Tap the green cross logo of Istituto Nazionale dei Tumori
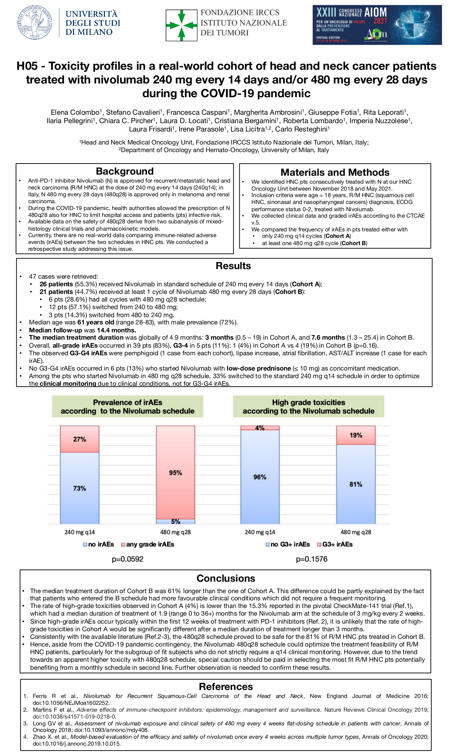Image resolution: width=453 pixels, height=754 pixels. coord(182,25)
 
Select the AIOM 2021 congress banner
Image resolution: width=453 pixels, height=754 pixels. coord(377,25)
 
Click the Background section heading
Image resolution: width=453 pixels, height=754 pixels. coord(125,171)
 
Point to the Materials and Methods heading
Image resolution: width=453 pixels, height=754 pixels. coord(335,172)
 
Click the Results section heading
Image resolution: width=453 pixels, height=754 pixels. coord(233,266)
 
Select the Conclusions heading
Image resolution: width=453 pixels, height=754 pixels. coord(226,578)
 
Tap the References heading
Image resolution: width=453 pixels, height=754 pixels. coord(226,687)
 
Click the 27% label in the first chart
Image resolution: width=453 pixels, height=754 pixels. coord(79,439)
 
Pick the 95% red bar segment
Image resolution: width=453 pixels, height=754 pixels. coord(176,473)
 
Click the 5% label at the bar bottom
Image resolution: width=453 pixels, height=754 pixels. coord(176,521)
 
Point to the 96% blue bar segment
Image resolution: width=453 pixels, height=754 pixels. coord(260,477)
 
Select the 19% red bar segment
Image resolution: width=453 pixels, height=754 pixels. coord(356,435)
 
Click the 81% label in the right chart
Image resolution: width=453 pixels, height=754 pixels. coord(356,484)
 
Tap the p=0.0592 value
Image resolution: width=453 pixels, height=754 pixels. coord(127,559)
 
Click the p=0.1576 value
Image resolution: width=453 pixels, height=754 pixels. coord(311,559)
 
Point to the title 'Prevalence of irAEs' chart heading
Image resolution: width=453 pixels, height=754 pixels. coord(127,403)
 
